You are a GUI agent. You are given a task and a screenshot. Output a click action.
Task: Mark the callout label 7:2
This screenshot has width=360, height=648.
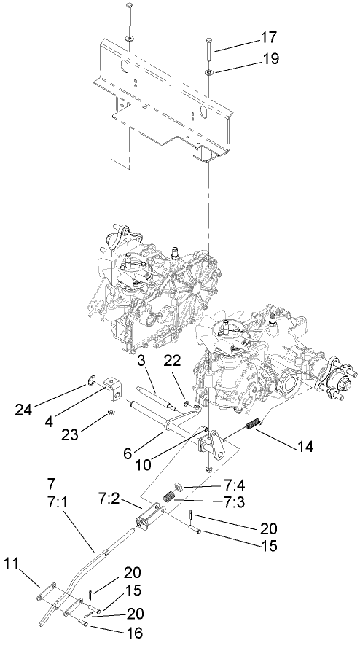[110, 499]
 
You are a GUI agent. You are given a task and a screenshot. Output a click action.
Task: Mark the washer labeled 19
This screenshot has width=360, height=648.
[208, 74]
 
